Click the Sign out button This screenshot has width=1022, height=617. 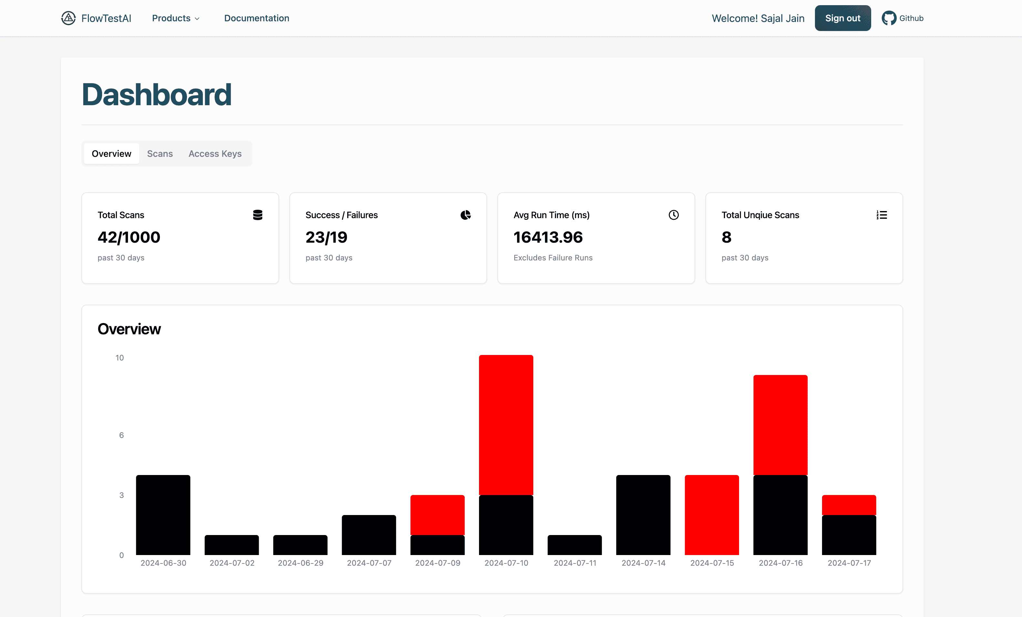(x=842, y=18)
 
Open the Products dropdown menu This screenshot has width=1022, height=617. (x=175, y=18)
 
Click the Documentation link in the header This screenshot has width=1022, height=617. (x=257, y=18)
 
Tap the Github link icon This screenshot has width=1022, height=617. (x=889, y=18)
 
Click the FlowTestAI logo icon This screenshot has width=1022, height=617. (x=68, y=18)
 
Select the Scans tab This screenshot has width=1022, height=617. (x=160, y=154)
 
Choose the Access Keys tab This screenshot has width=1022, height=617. (x=215, y=154)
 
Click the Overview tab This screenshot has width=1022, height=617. (x=111, y=154)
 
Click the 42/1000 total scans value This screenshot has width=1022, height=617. (x=129, y=237)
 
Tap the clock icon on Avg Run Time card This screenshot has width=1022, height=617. (x=673, y=215)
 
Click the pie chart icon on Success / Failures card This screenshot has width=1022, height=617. (x=465, y=215)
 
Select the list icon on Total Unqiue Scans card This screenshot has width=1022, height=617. (x=881, y=215)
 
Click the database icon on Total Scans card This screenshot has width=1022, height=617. (x=257, y=215)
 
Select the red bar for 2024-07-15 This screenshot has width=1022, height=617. (x=712, y=515)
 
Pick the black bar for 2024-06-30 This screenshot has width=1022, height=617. (x=163, y=515)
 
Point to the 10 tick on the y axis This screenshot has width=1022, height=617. (x=120, y=358)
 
